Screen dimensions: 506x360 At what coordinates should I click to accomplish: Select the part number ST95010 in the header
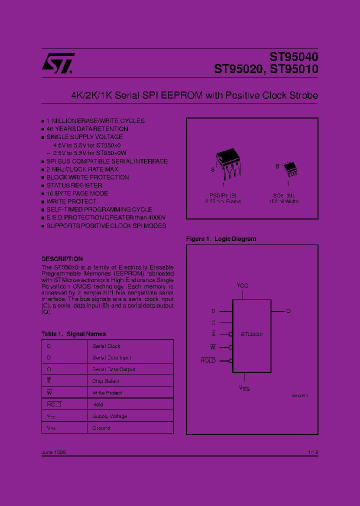(293, 70)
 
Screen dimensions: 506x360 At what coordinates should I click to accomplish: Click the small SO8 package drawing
(290, 169)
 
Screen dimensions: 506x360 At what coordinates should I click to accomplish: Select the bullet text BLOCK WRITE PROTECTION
(87, 177)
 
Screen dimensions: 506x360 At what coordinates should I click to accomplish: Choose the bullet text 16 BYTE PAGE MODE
(77, 193)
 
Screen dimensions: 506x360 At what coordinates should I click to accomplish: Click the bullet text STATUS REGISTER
(74, 185)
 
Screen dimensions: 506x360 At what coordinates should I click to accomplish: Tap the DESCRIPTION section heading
(62, 259)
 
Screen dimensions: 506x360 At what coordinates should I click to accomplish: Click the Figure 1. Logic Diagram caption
(220, 239)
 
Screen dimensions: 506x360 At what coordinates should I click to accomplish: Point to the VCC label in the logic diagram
(242, 285)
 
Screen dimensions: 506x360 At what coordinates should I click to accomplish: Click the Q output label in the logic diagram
(288, 311)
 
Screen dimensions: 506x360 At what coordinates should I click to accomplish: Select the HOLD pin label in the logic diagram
(208, 360)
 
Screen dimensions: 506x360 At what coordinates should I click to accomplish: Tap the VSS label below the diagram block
(243, 388)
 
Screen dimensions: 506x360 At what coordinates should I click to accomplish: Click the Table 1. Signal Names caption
(73, 334)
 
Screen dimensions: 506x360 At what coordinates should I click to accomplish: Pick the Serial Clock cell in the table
(106, 346)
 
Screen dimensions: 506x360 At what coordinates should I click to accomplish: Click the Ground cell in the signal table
(101, 428)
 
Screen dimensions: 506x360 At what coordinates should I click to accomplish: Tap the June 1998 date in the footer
(53, 452)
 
